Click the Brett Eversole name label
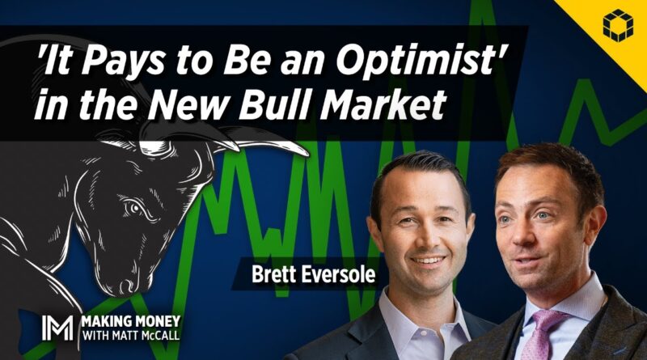(x=314, y=274)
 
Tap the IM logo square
(x=57, y=328)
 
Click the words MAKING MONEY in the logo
(x=131, y=322)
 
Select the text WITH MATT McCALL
(x=131, y=335)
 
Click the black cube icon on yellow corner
(x=618, y=26)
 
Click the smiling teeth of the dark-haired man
(x=429, y=261)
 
